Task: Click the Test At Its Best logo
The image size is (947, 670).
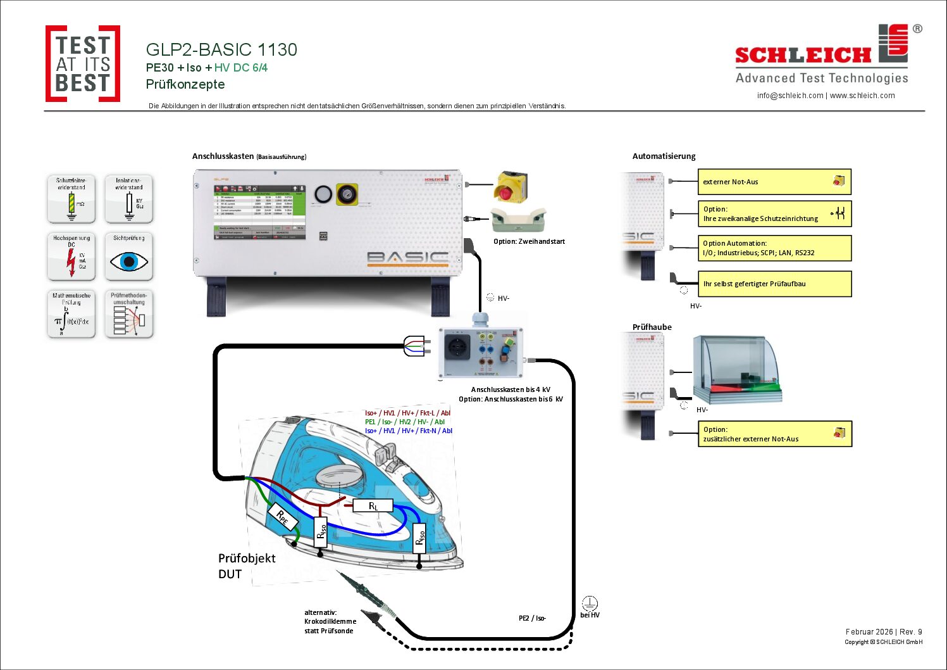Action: tap(83, 64)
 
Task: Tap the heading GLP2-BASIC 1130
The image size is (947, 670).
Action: tap(221, 49)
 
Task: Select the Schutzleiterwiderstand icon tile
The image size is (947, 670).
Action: tap(71, 199)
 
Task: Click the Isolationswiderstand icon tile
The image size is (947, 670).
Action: tap(129, 199)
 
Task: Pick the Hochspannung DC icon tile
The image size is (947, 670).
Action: tap(71, 256)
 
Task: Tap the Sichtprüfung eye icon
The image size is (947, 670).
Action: tap(129, 260)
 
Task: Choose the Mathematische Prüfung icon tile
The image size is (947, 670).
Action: tap(71, 314)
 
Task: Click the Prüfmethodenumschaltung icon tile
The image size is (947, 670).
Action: tap(129, 314)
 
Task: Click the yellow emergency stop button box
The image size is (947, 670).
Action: tap(510, 187)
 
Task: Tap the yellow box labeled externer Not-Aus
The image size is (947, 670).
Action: tap(774, 182)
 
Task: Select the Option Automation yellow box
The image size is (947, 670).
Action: tap(774, 248)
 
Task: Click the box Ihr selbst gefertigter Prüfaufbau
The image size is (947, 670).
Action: tap(774, 284)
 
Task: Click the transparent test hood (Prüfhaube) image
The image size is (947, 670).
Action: tap(737, 369)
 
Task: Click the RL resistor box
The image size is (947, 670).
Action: tap(373, 505)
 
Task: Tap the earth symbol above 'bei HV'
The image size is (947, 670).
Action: tap(589, 604)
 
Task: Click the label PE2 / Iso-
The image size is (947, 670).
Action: tap(532, 618)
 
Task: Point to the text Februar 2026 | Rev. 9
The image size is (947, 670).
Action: tap(884, 631)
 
